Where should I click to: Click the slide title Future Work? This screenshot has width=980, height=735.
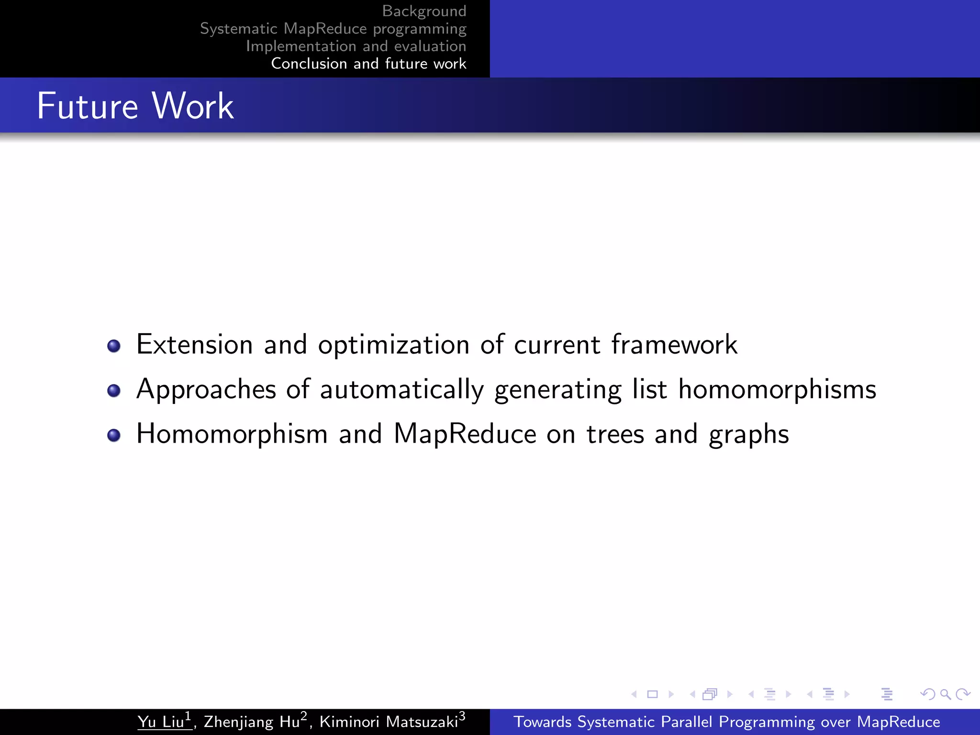pos(135,106)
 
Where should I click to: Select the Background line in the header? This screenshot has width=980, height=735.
pos(424,11)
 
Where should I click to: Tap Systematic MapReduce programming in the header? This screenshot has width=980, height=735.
pos(333,29)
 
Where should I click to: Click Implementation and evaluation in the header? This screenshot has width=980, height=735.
pos(356,46)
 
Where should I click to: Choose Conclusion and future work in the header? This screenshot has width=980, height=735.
pos(368,64)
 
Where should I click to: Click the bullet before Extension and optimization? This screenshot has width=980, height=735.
pos(114,345)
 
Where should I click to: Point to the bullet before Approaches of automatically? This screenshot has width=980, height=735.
pos(114,390)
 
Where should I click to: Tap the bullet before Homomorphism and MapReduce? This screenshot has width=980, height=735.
pos(114,435)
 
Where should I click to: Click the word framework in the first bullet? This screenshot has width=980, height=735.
pos(674,344)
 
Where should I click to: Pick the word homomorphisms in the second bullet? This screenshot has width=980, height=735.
pos(777,389)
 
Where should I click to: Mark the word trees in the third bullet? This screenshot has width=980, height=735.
pos(615,434)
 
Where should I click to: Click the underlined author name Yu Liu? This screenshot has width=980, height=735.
pos(162,722)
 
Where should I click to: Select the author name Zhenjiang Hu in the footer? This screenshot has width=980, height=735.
pos(252,722)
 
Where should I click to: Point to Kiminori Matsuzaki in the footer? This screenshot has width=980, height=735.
pos(389,722)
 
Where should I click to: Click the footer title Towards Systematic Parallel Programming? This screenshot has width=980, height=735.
pos(726,722)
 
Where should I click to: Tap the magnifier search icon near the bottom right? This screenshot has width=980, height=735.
pos(945,694)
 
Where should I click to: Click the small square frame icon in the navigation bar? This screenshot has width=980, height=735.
pos(652,694)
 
